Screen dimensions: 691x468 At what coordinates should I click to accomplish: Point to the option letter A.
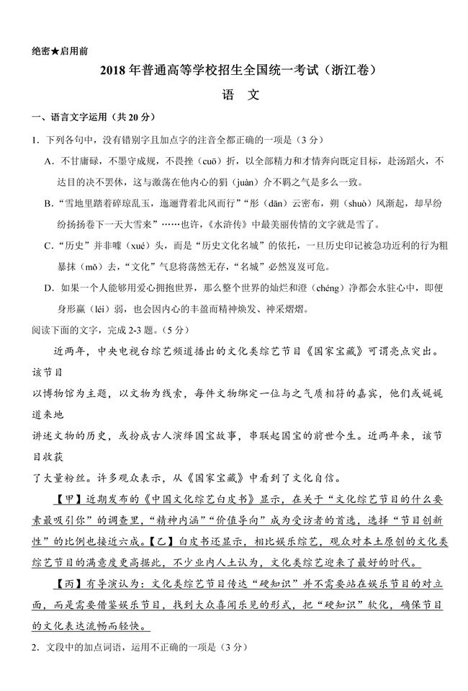click(48, 161)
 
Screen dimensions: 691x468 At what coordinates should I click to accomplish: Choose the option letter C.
click(48, 246)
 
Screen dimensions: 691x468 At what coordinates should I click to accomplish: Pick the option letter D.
click(48, 288)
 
